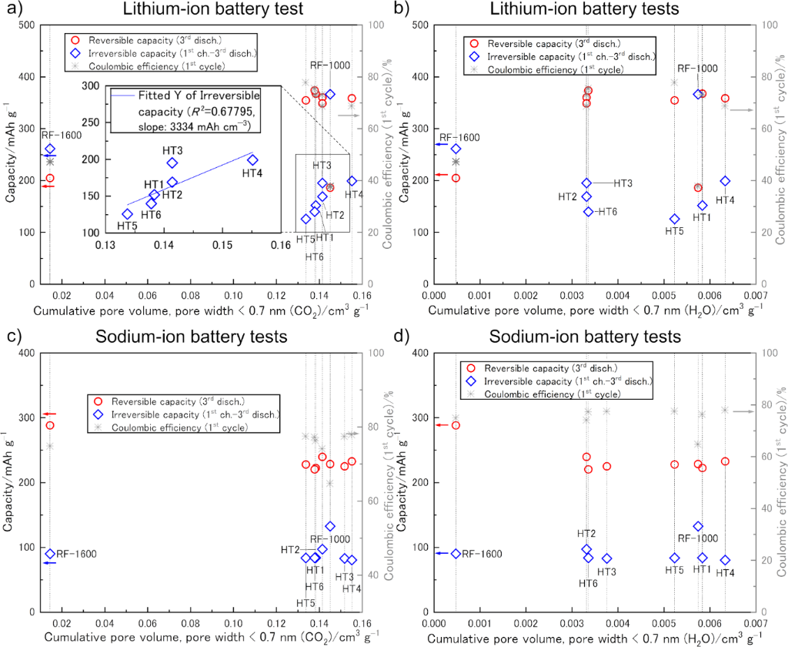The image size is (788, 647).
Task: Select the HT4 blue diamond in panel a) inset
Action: pos(252,159)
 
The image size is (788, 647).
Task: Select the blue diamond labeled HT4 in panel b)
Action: pos(725,181)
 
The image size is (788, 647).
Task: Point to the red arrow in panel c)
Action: pos(48,414)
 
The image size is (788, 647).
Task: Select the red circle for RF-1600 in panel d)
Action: pos(456,425)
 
